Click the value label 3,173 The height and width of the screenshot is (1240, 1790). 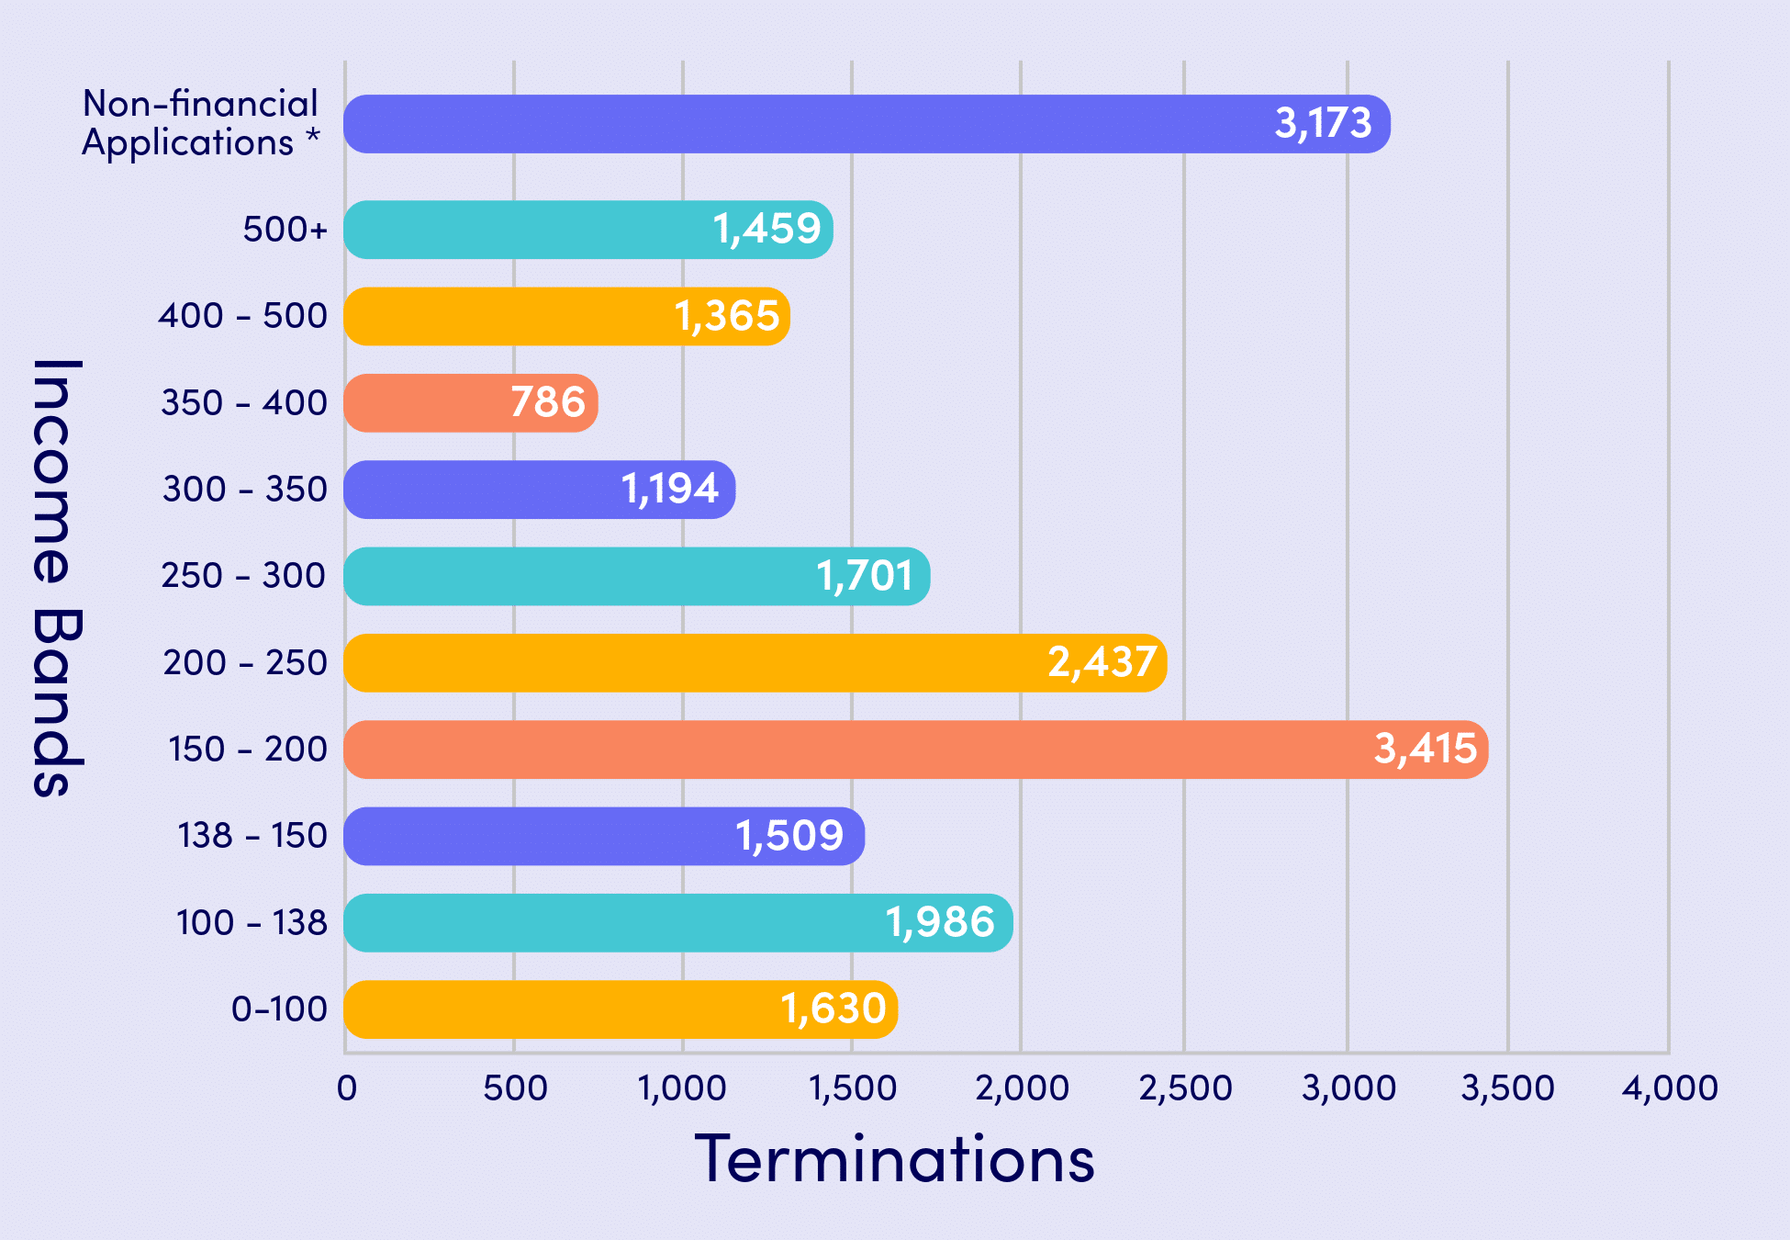1323,123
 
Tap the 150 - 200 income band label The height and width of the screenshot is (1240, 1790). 247,750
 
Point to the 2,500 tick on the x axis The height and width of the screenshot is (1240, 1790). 1185,1088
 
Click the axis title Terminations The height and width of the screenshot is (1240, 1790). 894,1159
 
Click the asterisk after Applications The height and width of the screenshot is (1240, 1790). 313,139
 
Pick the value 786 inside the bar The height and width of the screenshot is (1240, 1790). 547,402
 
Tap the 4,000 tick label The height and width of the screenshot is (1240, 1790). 1670,1088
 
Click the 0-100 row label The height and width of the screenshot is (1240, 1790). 279,1009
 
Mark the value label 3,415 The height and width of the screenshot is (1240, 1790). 1425,749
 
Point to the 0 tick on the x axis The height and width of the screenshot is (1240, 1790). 347,1088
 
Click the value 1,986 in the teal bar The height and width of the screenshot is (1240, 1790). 940,922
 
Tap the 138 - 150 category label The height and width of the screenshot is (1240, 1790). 252,836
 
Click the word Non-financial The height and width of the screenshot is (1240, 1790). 200,104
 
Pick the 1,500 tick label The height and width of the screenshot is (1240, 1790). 852,1088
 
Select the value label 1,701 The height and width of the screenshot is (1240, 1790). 865,576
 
